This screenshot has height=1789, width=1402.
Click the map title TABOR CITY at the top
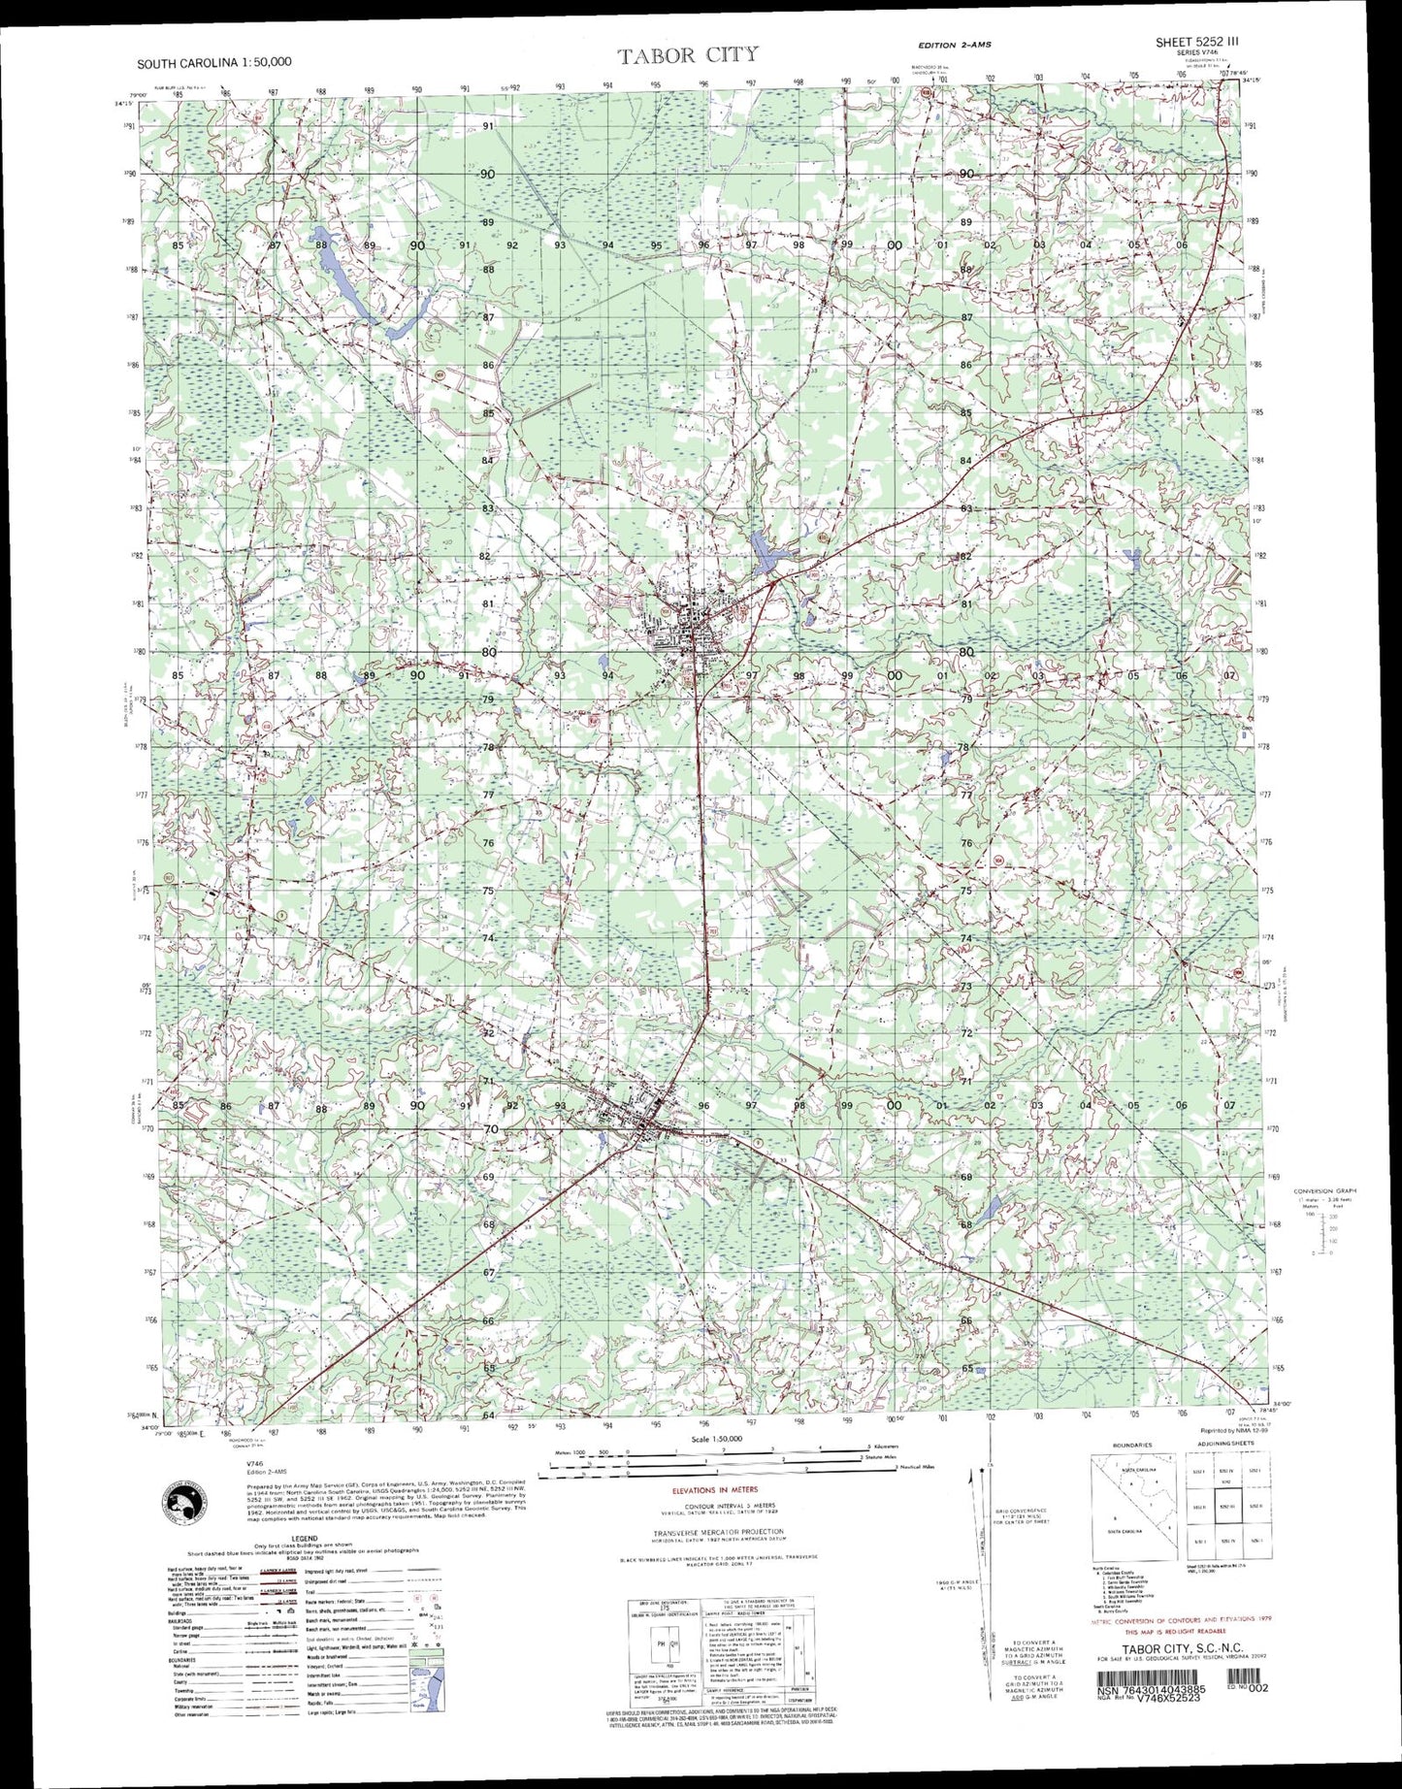click(688, 55)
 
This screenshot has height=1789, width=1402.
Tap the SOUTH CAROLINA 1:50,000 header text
click(213, 62)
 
